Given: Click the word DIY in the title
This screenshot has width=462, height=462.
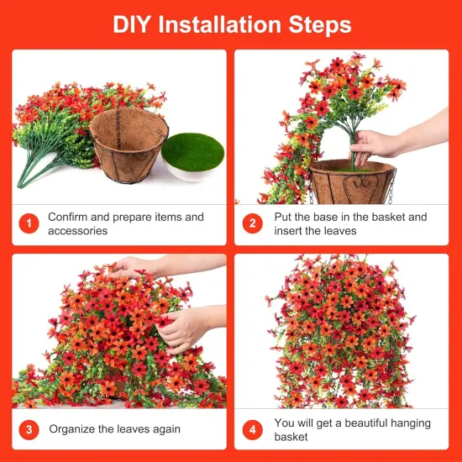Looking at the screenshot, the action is (132, 24).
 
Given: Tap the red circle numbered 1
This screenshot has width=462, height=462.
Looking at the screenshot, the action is (29, 223).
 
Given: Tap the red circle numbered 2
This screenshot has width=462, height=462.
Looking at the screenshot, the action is (253, 223).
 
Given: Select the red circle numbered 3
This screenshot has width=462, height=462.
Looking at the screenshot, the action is (29, 429).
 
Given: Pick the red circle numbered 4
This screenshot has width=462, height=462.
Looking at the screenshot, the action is (253, 429).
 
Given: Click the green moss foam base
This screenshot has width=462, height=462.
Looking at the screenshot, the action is (193, 152).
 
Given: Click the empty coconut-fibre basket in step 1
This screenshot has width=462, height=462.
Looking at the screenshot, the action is (129, 144).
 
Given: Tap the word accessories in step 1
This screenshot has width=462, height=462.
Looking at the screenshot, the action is (78, 231).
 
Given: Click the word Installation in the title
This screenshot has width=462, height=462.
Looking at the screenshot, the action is (219, 24).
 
